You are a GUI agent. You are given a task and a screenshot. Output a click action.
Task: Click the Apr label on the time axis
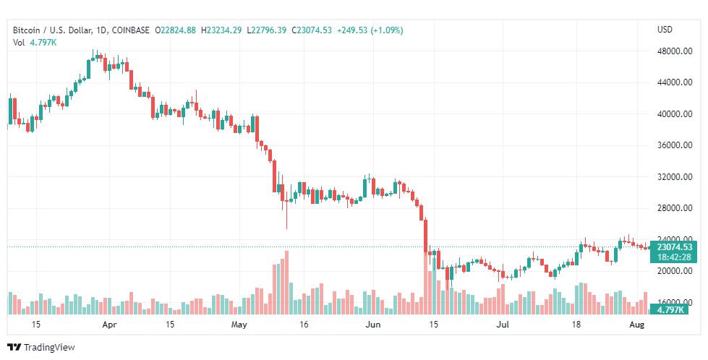pyautogui.click(x=109, y=325)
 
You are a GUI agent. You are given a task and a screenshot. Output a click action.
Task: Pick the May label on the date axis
pyautogui.click(x=240, y=325)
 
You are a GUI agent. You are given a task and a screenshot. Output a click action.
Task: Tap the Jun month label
pyautogui.click(x=373, y=325)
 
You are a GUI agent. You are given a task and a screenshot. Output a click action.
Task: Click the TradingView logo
pyautogui.click(x=41, y=347)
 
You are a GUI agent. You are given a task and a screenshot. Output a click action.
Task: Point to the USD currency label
pyautogui.click(x=665, y=30)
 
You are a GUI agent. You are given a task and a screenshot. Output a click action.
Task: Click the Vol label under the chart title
pyautogui.click(x=19, y=43)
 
